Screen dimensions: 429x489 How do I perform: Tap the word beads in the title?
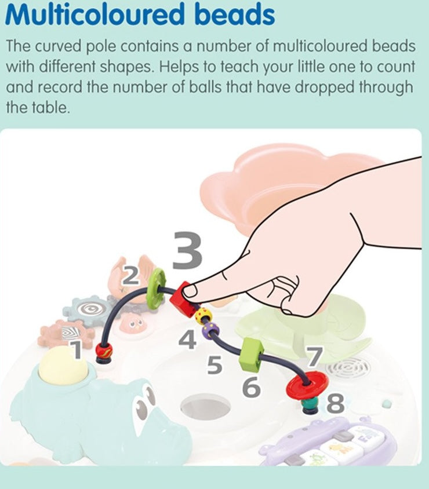[235, 14]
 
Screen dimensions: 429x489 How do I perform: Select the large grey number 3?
[187, 250]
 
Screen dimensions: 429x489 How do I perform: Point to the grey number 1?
[76, 349]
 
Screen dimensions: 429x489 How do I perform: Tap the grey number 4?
[187, 340]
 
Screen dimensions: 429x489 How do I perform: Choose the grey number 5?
[214, 364]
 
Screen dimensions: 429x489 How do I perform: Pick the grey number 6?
[251, 386]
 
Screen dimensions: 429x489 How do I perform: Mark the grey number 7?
[315, 357]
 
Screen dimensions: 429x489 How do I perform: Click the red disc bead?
[307, 385]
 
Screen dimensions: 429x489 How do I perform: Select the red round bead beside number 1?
[104, 350]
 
